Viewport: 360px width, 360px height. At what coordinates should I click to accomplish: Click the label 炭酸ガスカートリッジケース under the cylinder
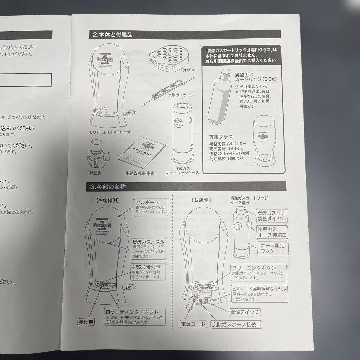(x=182, y=171)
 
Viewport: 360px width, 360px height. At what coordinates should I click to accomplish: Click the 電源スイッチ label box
(x=245, y=312)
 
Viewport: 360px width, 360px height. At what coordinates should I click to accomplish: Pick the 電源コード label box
(x=193, y=324)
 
